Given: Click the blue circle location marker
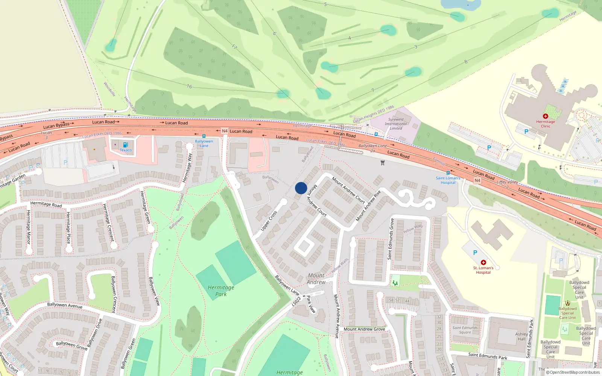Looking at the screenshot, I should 301,188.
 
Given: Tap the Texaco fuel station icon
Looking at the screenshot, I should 126,145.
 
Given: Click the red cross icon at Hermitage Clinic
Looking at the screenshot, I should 546,116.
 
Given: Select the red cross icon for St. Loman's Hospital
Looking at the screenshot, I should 483,262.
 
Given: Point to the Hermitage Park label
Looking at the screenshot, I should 221,291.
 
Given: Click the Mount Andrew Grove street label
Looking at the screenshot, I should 364,329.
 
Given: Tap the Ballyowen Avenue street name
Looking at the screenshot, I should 65,305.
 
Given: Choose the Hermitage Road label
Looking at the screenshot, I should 46,204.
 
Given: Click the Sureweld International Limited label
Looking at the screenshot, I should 395,124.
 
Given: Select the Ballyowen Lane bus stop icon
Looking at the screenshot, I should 204,136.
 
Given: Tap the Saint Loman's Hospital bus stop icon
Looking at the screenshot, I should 448,173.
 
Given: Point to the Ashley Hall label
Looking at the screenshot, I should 521,336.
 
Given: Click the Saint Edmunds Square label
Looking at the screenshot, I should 465,330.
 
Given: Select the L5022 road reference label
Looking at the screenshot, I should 296,301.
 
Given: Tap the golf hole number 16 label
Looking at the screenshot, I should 189,86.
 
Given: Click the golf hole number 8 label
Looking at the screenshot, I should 466,62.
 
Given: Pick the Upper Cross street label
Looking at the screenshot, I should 269,220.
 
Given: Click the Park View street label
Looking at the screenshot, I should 311,304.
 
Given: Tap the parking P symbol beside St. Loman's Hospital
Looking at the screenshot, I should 475,253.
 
